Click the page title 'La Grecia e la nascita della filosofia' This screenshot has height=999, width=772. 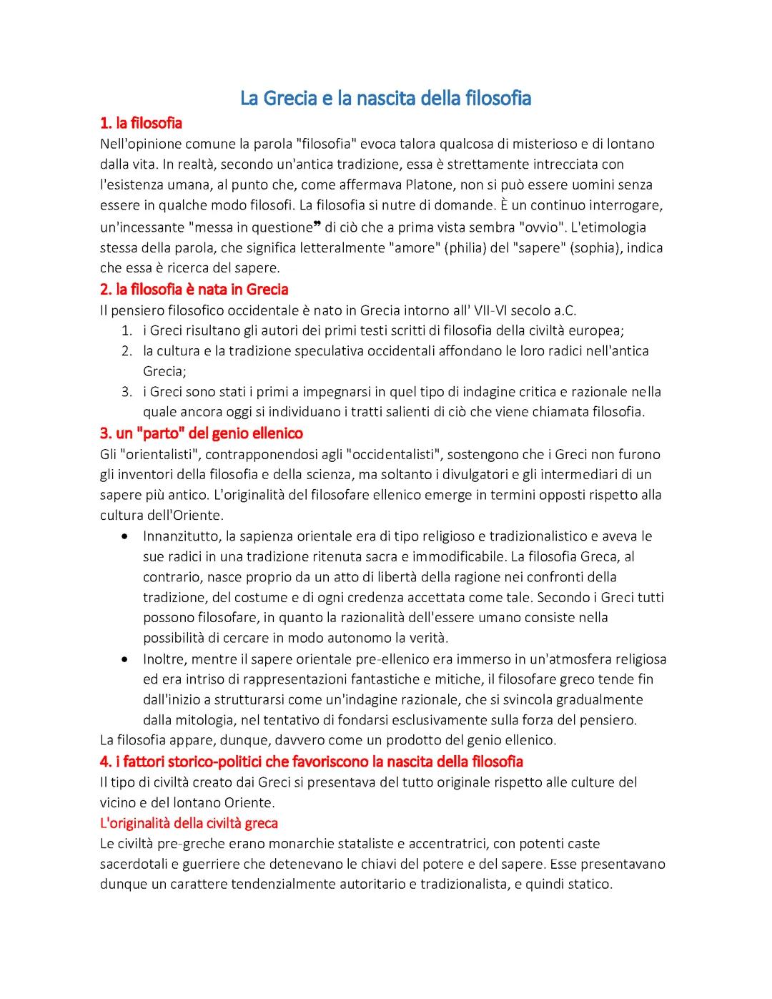click(385, 98)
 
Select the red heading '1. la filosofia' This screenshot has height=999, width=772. click(141, 123)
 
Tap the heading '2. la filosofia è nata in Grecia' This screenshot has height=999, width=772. click(194, 290)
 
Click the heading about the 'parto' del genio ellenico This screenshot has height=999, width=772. click(201, 433)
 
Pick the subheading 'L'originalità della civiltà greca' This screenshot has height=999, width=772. click(189, 822)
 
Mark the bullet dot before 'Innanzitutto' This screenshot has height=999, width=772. click(126, 536)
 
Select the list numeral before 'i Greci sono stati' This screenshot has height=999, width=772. click(127, 392)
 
